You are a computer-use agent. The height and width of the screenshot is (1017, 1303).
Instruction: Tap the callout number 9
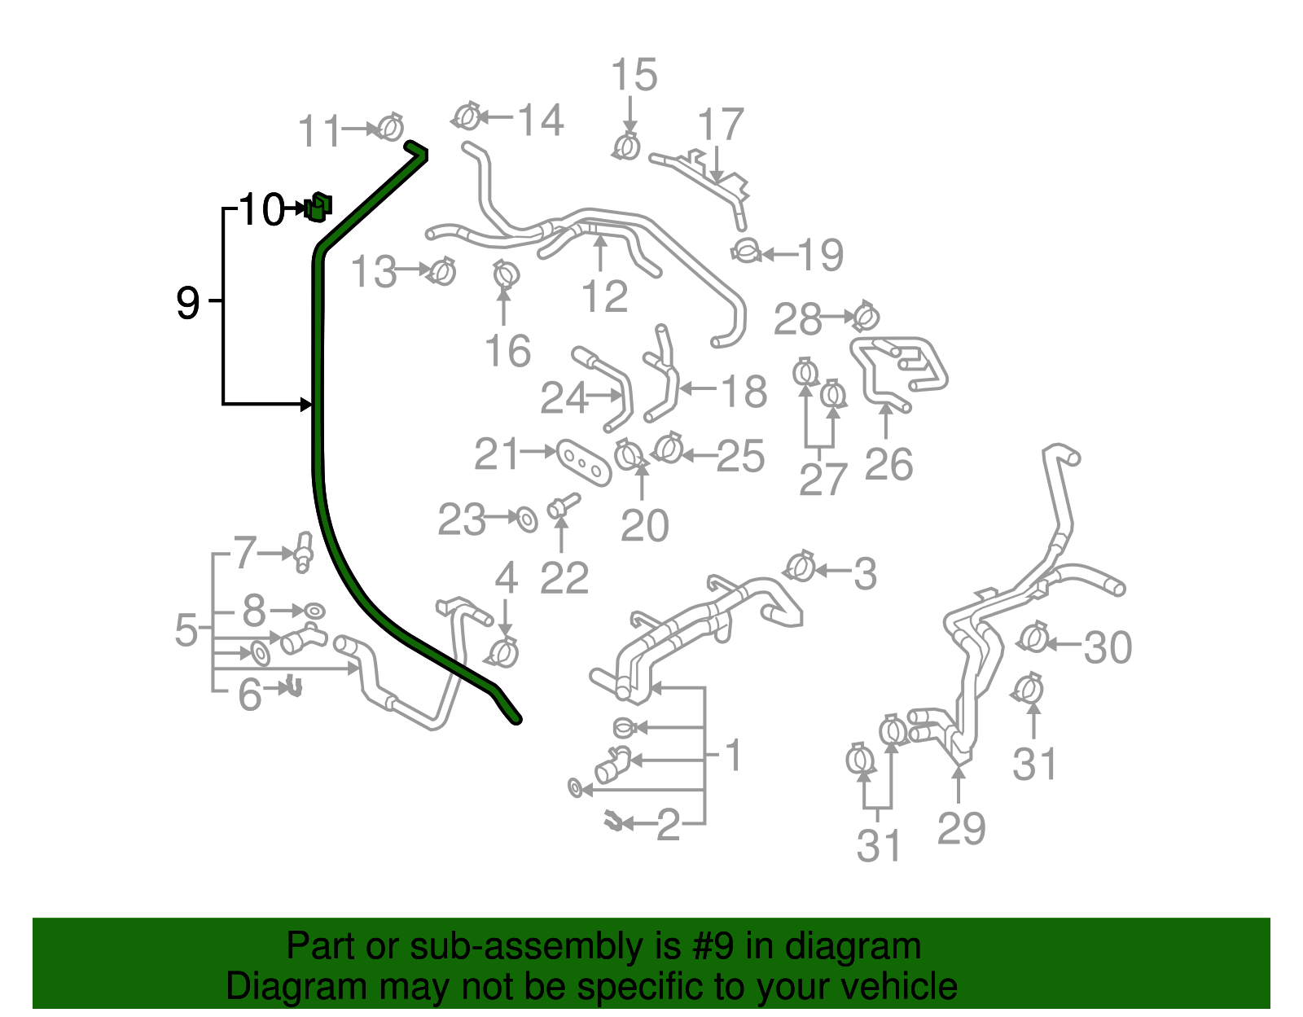click(x=187, y=303)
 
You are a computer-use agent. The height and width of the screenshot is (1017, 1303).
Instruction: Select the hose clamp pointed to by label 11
click(x=391, y=128)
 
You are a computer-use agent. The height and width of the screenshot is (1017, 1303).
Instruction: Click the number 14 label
click(x=541, y=121)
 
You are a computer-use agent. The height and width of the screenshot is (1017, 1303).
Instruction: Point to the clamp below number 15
click(x=626, y=147)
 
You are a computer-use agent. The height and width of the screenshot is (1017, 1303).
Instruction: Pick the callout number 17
click(x=721, y=125)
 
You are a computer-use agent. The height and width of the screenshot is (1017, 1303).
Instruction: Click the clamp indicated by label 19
click(x=746, y=251)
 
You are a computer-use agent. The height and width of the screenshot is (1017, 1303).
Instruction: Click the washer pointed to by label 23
click(x=527, y=518)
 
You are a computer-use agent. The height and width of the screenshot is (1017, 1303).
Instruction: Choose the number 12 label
click(x=604, y=296)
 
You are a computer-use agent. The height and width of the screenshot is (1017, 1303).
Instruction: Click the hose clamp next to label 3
click(x=801, y=566)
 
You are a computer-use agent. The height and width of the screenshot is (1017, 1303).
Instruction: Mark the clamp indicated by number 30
click(x=1033, y=638)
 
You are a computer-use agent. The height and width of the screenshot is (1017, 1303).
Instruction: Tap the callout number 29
click(x=961, y=828)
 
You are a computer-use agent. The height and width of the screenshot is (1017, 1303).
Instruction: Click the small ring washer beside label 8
click(x=314, y=611)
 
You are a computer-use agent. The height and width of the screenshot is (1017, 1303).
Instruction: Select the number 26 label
click(x=888, y=465)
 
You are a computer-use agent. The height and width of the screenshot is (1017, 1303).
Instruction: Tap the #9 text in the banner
click(x=713, y=946)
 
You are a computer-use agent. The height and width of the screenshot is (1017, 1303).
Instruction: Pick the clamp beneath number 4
click(x=502, y=651)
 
